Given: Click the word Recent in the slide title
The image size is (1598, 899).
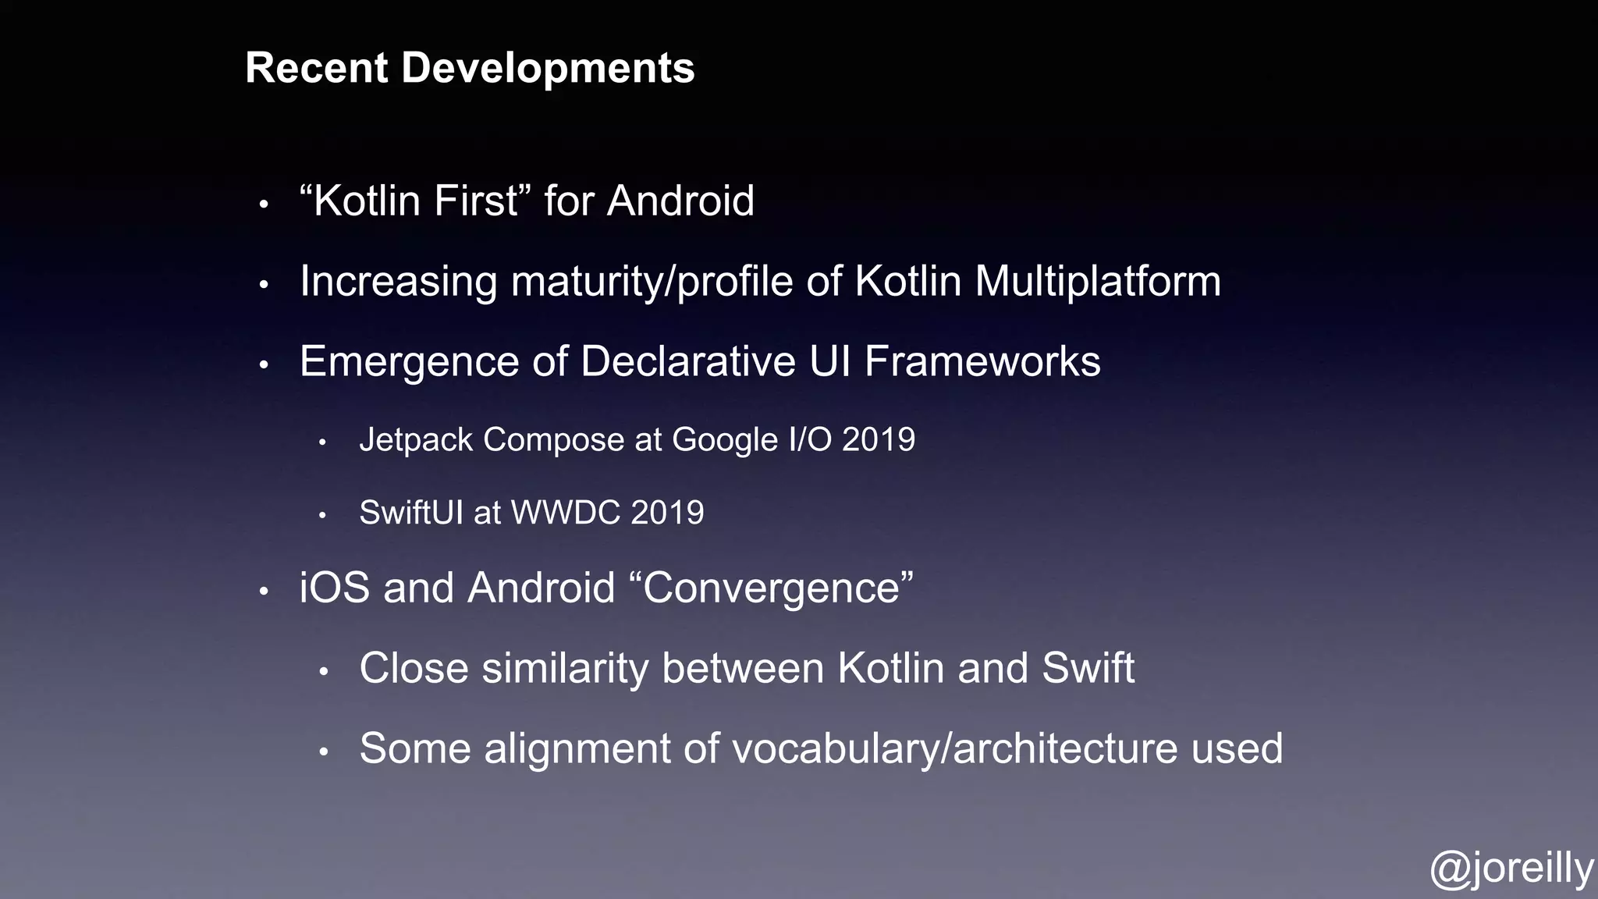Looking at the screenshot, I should tap(317, 68).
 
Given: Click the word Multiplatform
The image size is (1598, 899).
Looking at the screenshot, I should tap(1097, 282).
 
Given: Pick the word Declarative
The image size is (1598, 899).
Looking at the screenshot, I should tap(688, 361).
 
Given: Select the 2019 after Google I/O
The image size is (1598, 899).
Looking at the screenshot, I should tap(878, 439).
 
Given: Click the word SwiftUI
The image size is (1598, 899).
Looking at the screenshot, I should tap(410, 513).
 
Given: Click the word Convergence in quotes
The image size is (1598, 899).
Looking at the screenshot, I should tap(777, 588).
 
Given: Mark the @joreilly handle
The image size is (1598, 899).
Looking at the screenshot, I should tap(1511, 869).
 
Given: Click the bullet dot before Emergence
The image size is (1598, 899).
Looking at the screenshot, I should tap(264, 364).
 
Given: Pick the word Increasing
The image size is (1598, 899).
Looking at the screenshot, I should tap(398, 282).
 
